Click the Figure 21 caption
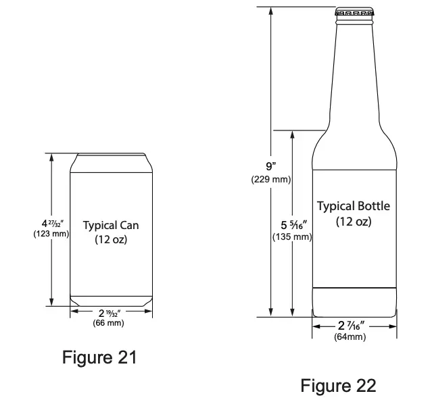(x=99, y=357)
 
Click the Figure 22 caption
(x=338, y=386)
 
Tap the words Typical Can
(x=111, y=225)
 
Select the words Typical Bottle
(x=354, y=206)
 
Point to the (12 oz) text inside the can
(x=111, y=239)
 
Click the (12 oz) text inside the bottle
(x=354, y=222)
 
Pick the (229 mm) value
(x=270, y=180)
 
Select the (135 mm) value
(x=292, y=237)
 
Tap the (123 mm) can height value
(x=51, y=234)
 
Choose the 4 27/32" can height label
(x=51, y=223)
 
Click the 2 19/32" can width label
(x=110, y=313)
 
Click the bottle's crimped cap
(x=354, y=13)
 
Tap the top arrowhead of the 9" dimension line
(x=270, y=11)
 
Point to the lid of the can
(x=111, y=155)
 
